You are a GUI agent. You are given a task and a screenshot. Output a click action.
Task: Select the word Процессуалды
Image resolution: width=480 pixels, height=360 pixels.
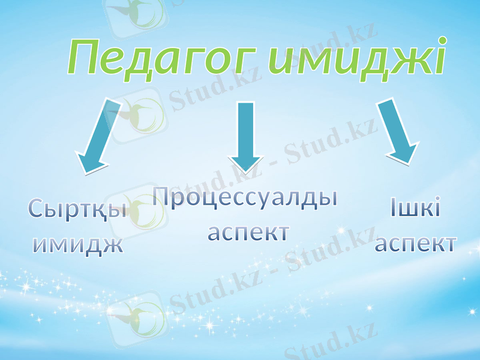point(244,198)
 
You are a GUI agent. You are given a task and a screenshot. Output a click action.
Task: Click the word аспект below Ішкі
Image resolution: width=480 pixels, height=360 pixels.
point(415,244)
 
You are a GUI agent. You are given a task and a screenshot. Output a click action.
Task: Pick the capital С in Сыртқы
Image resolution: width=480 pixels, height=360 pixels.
point(37,209)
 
